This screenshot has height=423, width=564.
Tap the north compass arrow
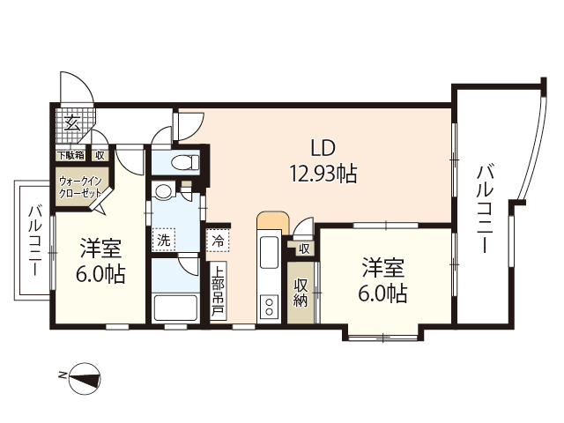coord(85,380)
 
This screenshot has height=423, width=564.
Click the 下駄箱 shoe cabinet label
coord(70,155)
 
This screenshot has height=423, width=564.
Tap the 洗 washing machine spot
coord(164,238)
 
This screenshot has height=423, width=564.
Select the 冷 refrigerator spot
coord(217,238)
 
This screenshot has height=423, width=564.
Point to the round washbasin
coord(163,193)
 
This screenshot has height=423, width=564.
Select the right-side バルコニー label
coord(484,208)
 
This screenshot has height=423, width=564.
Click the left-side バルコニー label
coord(33,241)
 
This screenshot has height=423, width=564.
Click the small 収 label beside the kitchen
coord(303,249)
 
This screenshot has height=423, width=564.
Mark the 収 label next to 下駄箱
coord(100,155)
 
